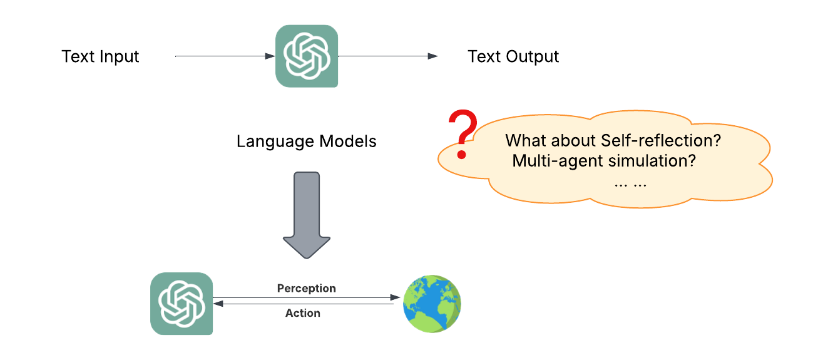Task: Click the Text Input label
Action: point(100,57)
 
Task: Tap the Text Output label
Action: point(513,57)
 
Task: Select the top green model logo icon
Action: point(307,56)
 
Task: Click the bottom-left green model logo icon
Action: point(181,304)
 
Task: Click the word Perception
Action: point(307,289)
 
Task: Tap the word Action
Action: point(303,313)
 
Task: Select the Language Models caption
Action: point(307,141)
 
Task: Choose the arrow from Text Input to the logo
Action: point(225,56)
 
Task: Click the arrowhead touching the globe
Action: point(396,297)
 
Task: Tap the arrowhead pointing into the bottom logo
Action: point(218,304)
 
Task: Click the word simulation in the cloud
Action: point(648,162)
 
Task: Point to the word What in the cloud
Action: point(524,141)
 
